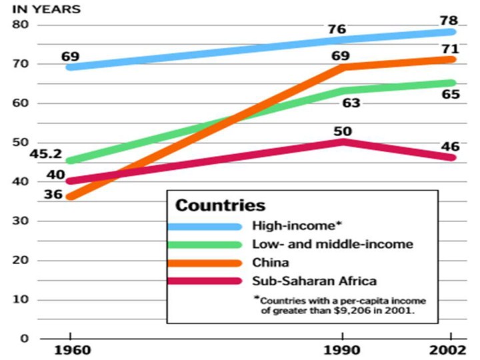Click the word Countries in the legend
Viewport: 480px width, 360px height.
coord(220,205)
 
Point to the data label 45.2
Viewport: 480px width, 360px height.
coord(29,154)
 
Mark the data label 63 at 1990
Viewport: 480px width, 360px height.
coord(352,103)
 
